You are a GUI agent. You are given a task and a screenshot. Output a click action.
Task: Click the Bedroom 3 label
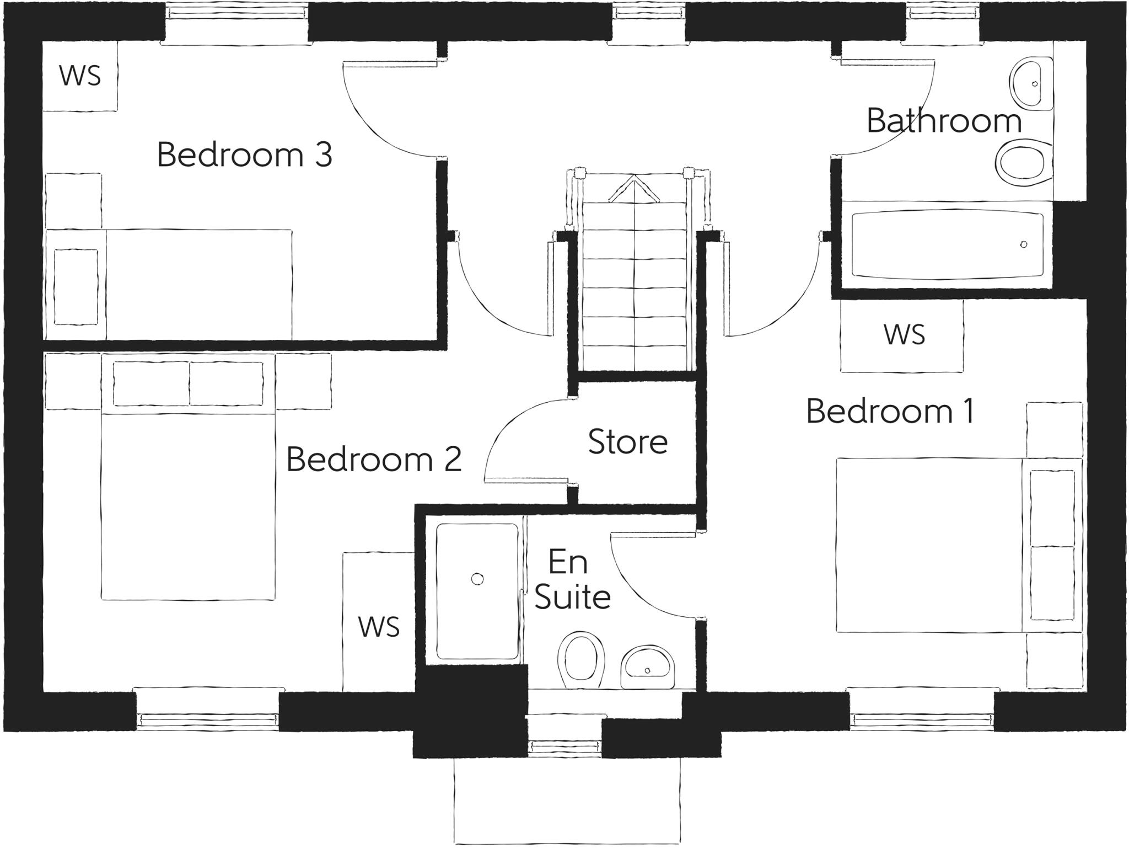244,155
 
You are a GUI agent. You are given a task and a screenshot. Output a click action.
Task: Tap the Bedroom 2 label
373,459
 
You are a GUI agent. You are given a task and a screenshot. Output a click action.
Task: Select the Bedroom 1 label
890,412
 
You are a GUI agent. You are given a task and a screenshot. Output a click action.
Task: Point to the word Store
627,442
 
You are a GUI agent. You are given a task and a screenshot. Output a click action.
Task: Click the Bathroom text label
944,121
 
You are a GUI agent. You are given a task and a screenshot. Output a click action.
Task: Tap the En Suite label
572,580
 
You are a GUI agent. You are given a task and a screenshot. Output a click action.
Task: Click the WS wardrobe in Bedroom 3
80,76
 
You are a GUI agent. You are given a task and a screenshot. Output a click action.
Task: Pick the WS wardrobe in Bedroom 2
379,627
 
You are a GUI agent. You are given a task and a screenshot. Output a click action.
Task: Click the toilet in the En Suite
580,660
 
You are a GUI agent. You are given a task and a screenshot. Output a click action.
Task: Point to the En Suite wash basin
647,668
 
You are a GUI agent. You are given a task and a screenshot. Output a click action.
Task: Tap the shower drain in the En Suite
477,579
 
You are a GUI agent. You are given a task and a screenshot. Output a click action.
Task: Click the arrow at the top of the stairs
635,188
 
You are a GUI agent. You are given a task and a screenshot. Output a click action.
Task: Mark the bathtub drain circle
1024,244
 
